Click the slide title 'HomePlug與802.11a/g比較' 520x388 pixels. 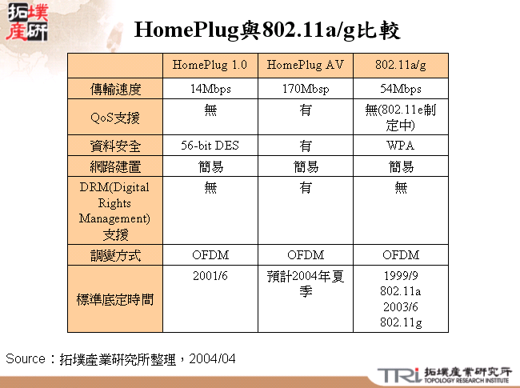(x=267, y=30)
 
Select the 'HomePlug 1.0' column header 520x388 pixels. (x=210, y=65)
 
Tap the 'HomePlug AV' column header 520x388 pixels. (x=306, y=65)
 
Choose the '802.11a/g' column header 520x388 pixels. (x=401, y=65)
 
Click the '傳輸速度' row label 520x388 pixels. (x=115, y=89)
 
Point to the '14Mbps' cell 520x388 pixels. (x=210, y=89)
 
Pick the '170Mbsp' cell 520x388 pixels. (x=306, y=89)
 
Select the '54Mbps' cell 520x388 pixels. (x=401, y=89)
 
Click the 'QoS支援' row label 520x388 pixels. (x=115, y=118)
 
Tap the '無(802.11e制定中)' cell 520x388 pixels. (x=401, y=118)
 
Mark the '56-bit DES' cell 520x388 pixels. (x=210, y=146)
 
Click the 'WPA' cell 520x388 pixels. (x=401, y=146)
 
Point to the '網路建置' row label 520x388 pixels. (x=115, y=167)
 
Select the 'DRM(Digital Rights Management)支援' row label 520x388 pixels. (x=115, y=211)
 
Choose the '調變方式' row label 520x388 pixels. (x=115, y=255)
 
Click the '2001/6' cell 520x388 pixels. (x=210, y=276)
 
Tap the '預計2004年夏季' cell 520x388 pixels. (x=306, y=284)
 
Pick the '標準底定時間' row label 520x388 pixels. (x=115, y=299)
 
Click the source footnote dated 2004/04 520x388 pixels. (x=121, y=358)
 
